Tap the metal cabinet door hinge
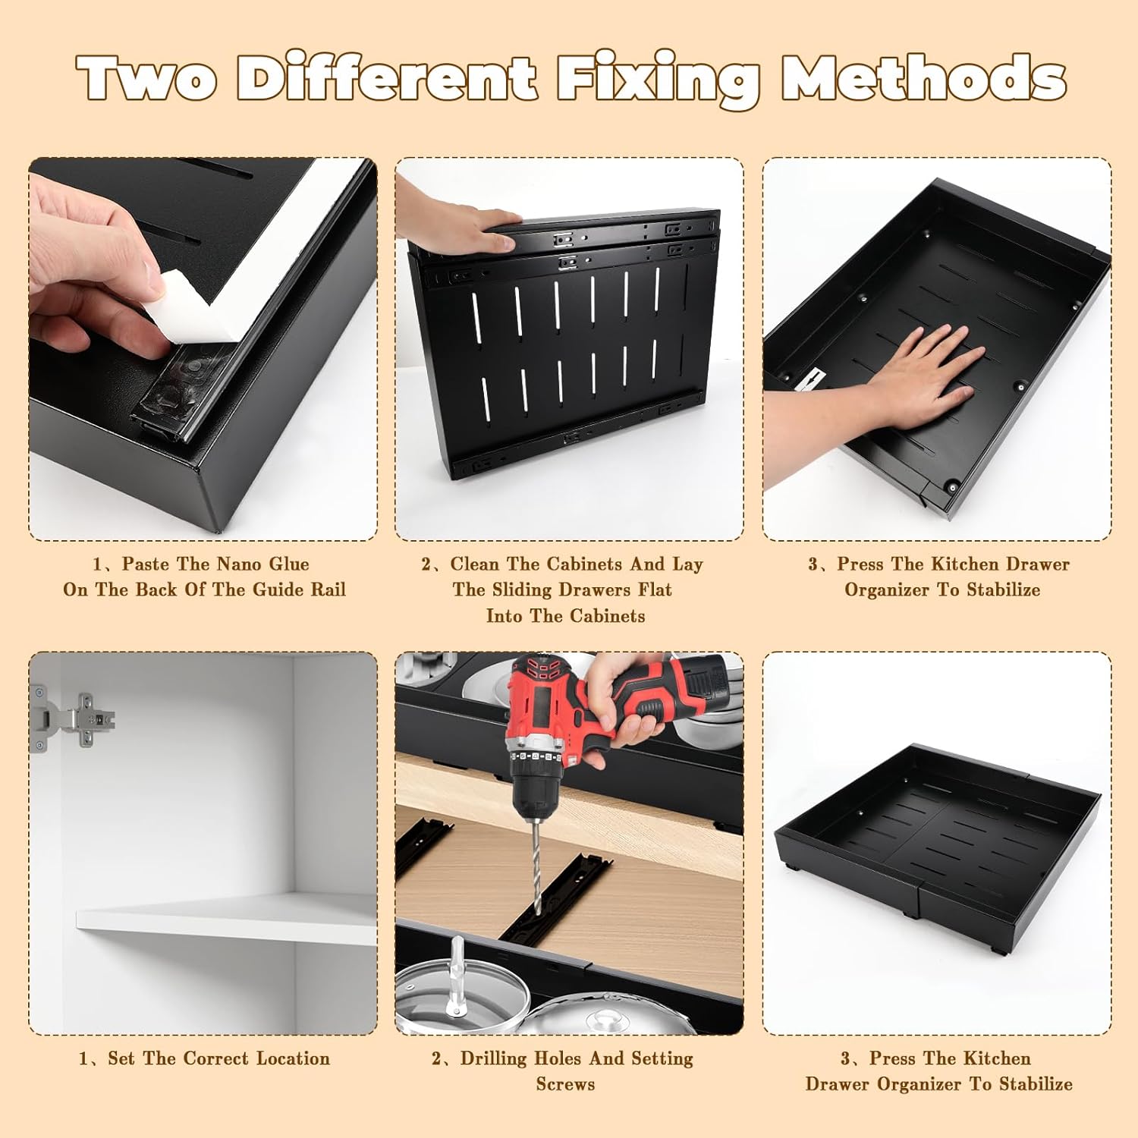pyautogui.click(x=72, y=717)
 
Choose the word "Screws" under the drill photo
pyautogui.click(x=565, y=1084)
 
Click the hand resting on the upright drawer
pyautogui.click(x=455, y=220)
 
